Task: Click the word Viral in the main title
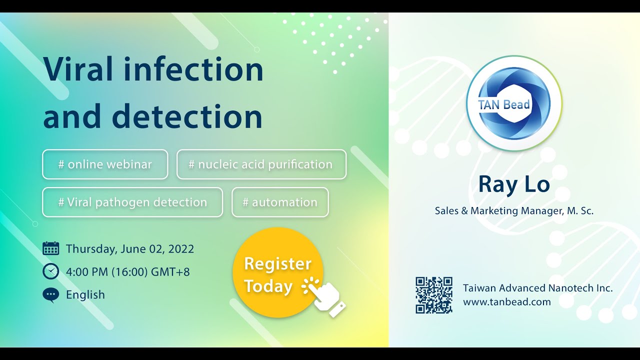(78, 69)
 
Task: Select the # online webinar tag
(105, 164)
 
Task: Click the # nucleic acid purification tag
(261, 164)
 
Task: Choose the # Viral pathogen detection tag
(132, 202)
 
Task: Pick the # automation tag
(280, 202)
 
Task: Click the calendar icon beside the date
(51, 248)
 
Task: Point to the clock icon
(51, 271)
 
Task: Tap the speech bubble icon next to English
(51, 295)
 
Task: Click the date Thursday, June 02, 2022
(130, 249)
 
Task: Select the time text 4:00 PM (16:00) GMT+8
(127, 271)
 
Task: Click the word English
(85, 294)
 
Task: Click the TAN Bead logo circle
(514, 103)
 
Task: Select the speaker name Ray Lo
(514, 184)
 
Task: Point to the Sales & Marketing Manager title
(514, 211)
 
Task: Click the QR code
(434, 295)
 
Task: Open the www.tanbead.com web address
(507, 302)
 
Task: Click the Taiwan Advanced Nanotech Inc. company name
(537, 287)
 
